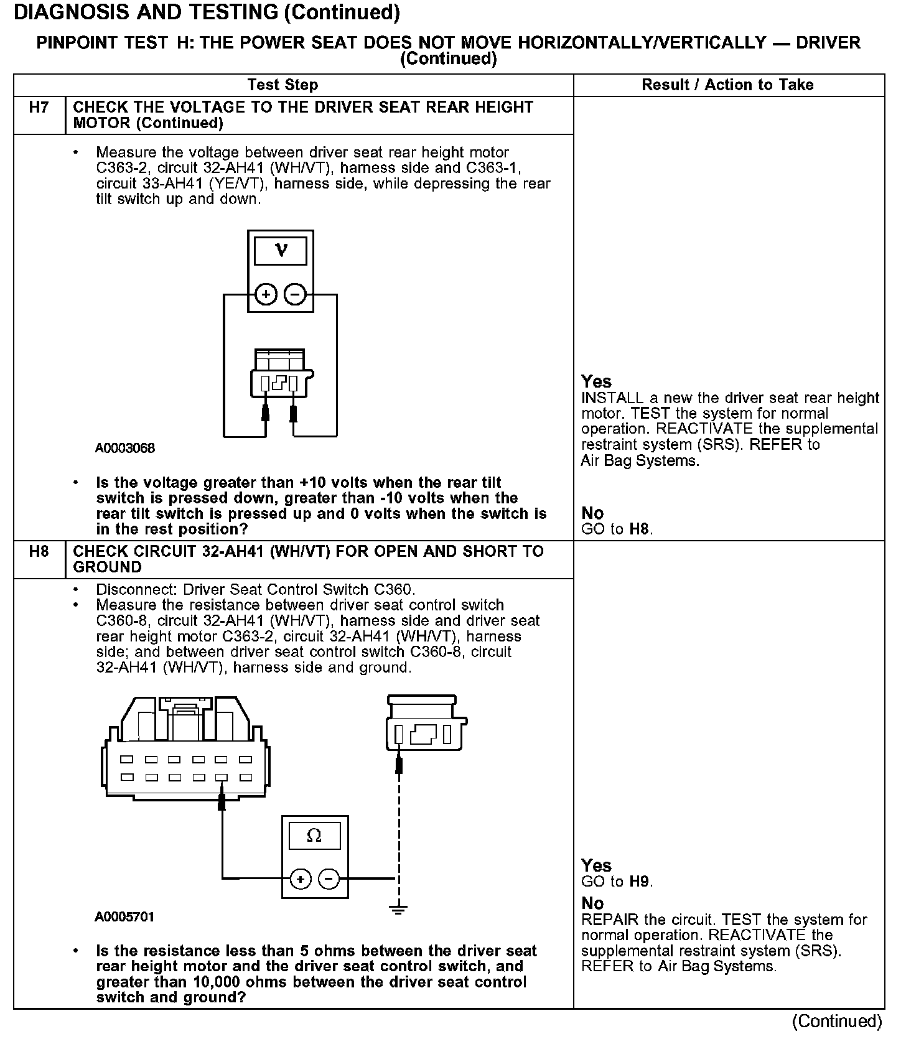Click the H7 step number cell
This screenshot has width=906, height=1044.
(x=39, y=108)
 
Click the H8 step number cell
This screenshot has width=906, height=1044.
(x=39, y=551)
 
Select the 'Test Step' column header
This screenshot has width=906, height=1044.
(x=283, y=85)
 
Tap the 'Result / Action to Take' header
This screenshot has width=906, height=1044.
(x=727, y=85)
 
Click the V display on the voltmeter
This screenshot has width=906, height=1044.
(x=281, y=251)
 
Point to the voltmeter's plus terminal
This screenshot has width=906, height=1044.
(x=266, y=294)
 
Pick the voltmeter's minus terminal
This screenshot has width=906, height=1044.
(x=296, y=294)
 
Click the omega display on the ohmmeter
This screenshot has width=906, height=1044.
(x=314, y=836)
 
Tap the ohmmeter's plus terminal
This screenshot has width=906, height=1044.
(x=301, y=879)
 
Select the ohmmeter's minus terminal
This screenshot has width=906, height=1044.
(x=329, y=879)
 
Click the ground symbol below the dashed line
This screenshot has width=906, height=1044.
(x=399, y=909)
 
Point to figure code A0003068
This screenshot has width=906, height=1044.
(x=125, y=448)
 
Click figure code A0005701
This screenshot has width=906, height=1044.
(x=125, y=916)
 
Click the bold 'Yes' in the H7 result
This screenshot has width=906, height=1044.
(x=596, y=381)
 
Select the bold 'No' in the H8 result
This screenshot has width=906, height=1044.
(x=592, y=903)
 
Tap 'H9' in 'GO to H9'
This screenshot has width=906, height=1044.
(x=640, y=882)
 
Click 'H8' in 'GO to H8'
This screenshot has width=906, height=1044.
(x=640, y=529)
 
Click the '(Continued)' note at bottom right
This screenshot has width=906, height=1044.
(x=837, y=1021)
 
